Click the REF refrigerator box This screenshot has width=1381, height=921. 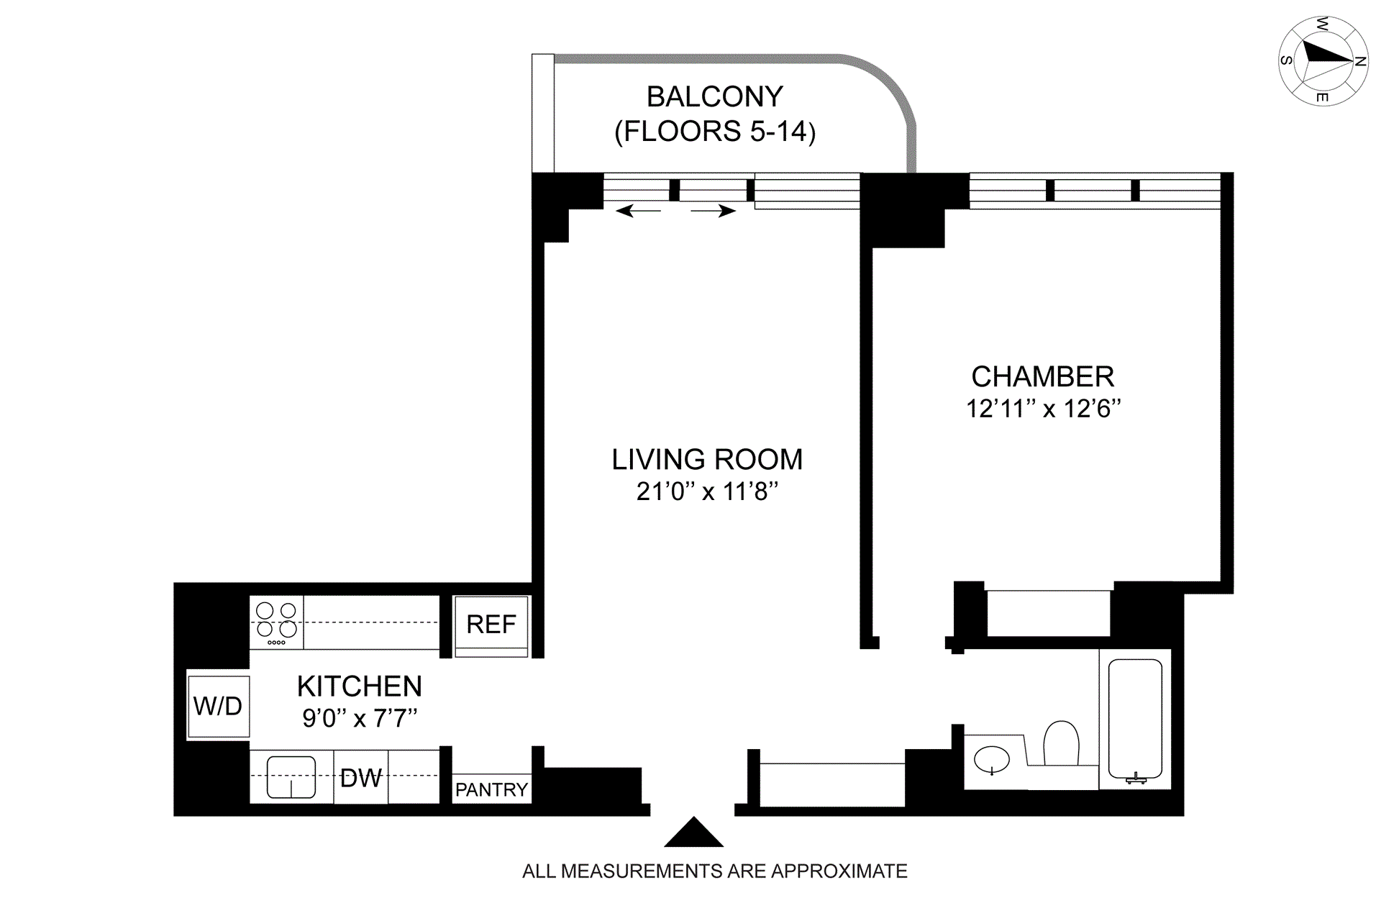pyautogui.click(x=491, y=625)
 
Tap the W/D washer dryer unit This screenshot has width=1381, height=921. pyautogui.click(x=218, y=707)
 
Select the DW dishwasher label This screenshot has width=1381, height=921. pyautogui.click(x=361, y=778)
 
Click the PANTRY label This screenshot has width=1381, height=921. pyautogui.click(x=491, y=790)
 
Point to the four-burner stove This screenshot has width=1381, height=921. pyautogui.click(x=277, y=622)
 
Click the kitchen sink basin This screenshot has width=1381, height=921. pyautogui.click(x=291, y=777)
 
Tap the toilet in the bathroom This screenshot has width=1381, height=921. pyautogui.click(x=1061, y=744)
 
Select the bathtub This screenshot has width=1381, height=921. pyautogui.click(x=1136, y=720)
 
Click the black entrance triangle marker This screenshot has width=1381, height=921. pyautogui.click(x=693, y=832)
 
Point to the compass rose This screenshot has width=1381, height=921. pyautogui.click(x=1323, y=60)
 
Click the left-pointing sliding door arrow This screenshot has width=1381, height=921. pyautogui.click(x=639, y=211)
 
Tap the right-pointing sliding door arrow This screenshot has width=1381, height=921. pyautogui.click(x=714, y=211)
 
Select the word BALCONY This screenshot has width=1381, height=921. pyautogui.click(x=715, y=96)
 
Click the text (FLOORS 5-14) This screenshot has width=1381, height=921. pyautogui.click(x=715, y=132)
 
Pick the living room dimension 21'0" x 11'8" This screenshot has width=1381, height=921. pyautogui.click(x=708, y=491)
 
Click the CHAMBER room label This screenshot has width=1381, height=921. pyautogui.click(x=1043, y=376)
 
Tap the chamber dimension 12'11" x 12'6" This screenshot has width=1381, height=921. pyautogui.click(x=1044, y=409)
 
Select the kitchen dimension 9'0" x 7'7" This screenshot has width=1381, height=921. pyautogui.click(x=360, y=718)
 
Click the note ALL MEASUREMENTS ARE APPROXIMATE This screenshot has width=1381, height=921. pyautogui.click(x=715, y=871)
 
